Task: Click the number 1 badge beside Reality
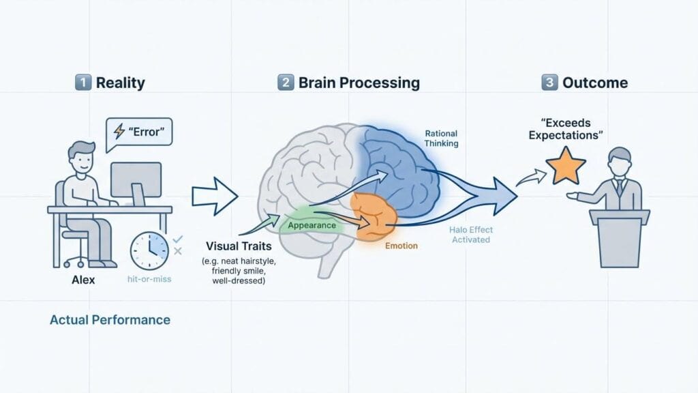[x=82, y=83]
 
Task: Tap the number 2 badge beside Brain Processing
[x=286, y=83]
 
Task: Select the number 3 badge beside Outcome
[x=549, y=83]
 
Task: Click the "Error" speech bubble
[x=139, y=130]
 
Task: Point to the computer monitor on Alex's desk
[x=136, y=181]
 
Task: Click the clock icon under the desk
[x=149, y=250]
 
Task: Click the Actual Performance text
[x=110, y=319]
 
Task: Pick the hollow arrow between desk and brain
[x=214, y=196]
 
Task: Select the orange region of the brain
[x=372, y=217]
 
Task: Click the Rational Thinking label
[x=442, y=139]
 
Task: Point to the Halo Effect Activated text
[x=470, y=235]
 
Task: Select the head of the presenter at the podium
[x=619, y=158]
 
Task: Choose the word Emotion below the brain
[x=401, y=246]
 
